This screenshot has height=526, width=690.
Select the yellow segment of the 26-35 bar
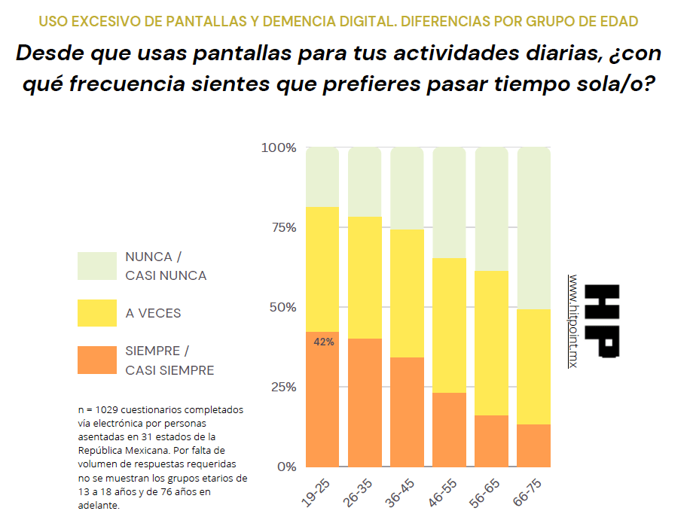365,277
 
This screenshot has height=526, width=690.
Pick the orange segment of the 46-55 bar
449,430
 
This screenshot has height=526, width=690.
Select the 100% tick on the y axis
279,147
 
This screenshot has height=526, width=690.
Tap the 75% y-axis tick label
282,227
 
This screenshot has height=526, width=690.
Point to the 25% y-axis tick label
282,387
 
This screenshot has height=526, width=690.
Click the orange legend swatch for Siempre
97,360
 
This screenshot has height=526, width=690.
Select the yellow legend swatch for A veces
97,313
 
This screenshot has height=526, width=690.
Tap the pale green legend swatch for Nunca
97,266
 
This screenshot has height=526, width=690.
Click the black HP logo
603,321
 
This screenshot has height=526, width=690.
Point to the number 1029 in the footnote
105,410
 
